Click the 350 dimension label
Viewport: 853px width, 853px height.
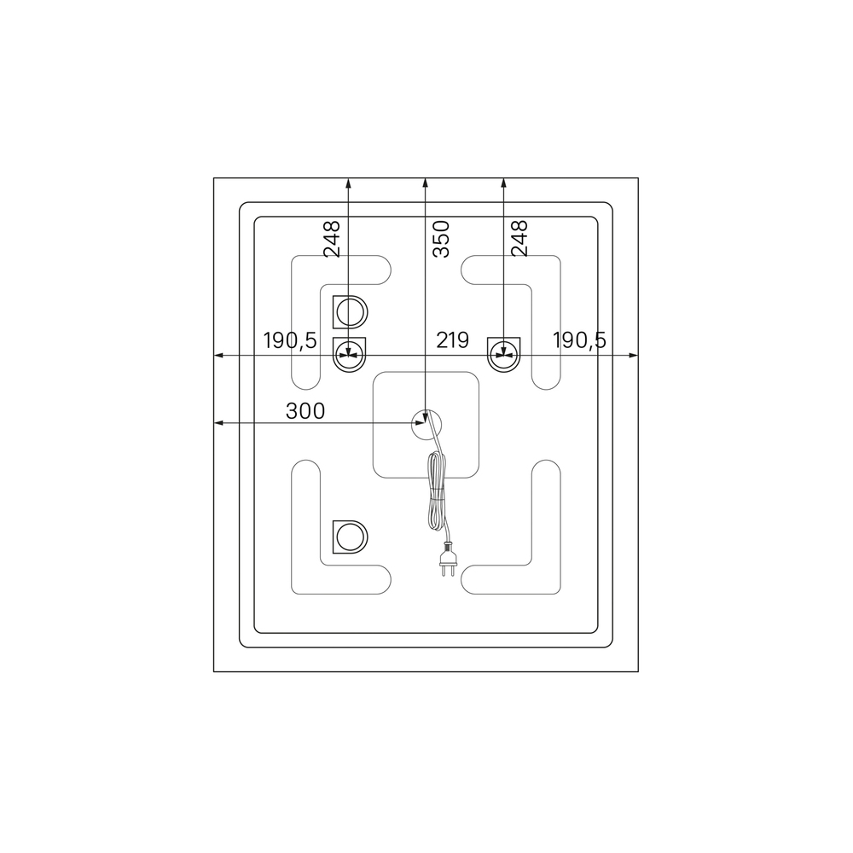(441, 238)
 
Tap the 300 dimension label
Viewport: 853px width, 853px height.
(305, 411)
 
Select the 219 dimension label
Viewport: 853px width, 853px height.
(453, 340)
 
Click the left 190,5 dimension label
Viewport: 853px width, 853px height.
(290, 340)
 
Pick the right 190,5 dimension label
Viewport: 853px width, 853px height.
(579, 340)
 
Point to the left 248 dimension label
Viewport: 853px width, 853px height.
(332, 238)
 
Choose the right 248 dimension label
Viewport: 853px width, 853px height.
(519, 238)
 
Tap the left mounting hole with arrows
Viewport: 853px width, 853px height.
(349, 355)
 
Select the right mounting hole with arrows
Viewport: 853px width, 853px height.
(504, 355)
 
